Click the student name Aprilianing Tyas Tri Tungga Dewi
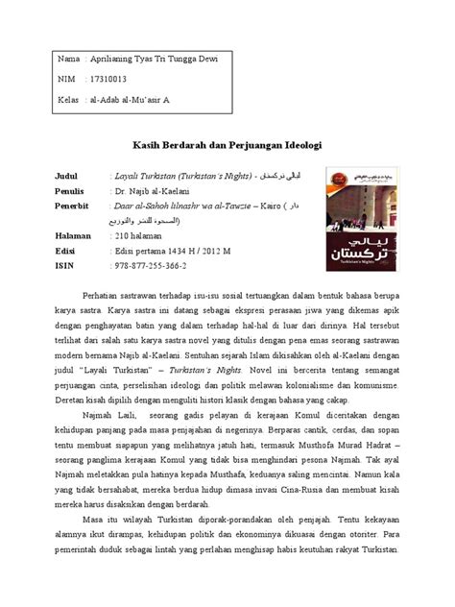pos(154,60)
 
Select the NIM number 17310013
pos(110,79)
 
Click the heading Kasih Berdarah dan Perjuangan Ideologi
pos(227,143)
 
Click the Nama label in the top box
pos(69,60)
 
